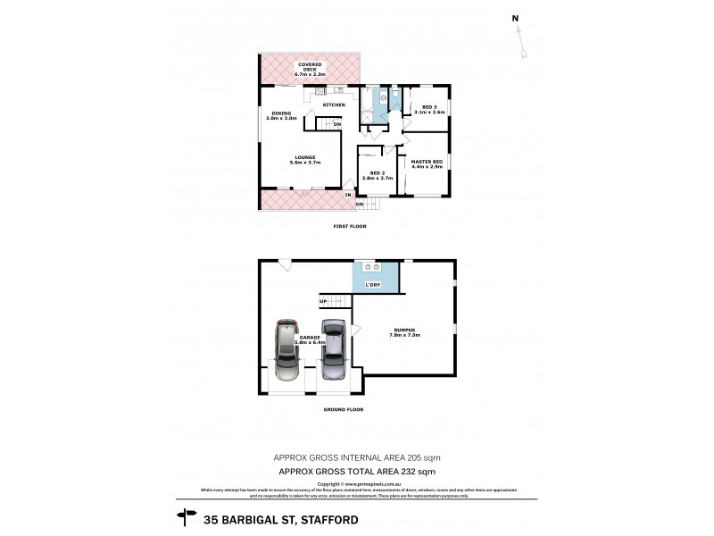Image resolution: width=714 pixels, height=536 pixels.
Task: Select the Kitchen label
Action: (x=334, y=105)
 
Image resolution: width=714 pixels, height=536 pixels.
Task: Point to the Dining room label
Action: (x=280, y=113)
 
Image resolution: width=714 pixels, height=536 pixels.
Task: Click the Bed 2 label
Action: (x=377, y=172)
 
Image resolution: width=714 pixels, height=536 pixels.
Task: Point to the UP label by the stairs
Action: (x=322, y=301)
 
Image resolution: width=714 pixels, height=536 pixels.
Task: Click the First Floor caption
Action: (x=351, y=226)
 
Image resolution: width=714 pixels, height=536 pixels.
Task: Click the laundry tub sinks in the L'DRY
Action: (x=373, y=267)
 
